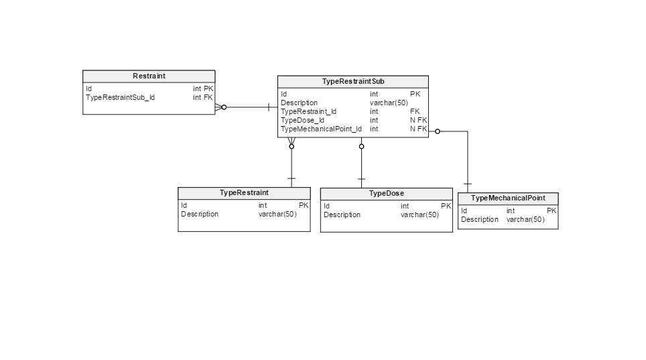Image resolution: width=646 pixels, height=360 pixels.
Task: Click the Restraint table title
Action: click(x=149, y=76)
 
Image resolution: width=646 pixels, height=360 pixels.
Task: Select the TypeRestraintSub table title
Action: click(x=353, y=81)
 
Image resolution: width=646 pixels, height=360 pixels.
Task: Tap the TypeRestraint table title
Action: click(x=244, y=192)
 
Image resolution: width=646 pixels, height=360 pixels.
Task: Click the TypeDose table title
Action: click(x=387, y=193)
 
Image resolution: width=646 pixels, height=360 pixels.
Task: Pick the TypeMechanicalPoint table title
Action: click(x=508, y=198)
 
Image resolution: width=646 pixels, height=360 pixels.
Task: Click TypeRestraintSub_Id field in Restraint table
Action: click(x=121, y=97)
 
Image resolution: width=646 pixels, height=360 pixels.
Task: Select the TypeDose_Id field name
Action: click(x=303, y=120)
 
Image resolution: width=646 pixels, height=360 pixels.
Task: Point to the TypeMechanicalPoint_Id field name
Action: click(x=321, y=129)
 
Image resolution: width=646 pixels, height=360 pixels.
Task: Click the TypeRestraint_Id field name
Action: click(x=309, y=111)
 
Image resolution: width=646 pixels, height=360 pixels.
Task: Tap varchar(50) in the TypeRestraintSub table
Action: click(x=389, y=103)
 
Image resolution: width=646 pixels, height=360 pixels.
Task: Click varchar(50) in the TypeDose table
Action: click(x=419, y=215)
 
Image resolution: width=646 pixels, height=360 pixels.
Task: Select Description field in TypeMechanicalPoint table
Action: click(x=480, y=219)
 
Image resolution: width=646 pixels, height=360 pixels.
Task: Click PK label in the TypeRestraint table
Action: click(x=304, y=205)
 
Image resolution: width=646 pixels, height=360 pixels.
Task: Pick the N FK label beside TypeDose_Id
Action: click(x=418, y=120)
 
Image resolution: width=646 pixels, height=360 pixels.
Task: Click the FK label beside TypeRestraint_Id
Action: click(x=415, y=111)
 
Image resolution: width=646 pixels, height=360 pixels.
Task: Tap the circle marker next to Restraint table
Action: click(x=224, y=107)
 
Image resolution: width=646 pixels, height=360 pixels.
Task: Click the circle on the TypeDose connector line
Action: click(x=361, y=146)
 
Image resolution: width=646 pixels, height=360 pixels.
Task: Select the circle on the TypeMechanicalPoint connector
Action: click(x=438, y=131)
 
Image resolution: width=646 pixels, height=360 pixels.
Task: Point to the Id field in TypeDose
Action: click(x=326, y=206)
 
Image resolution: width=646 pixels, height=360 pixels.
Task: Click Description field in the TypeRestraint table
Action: click(x=200, y=214)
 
